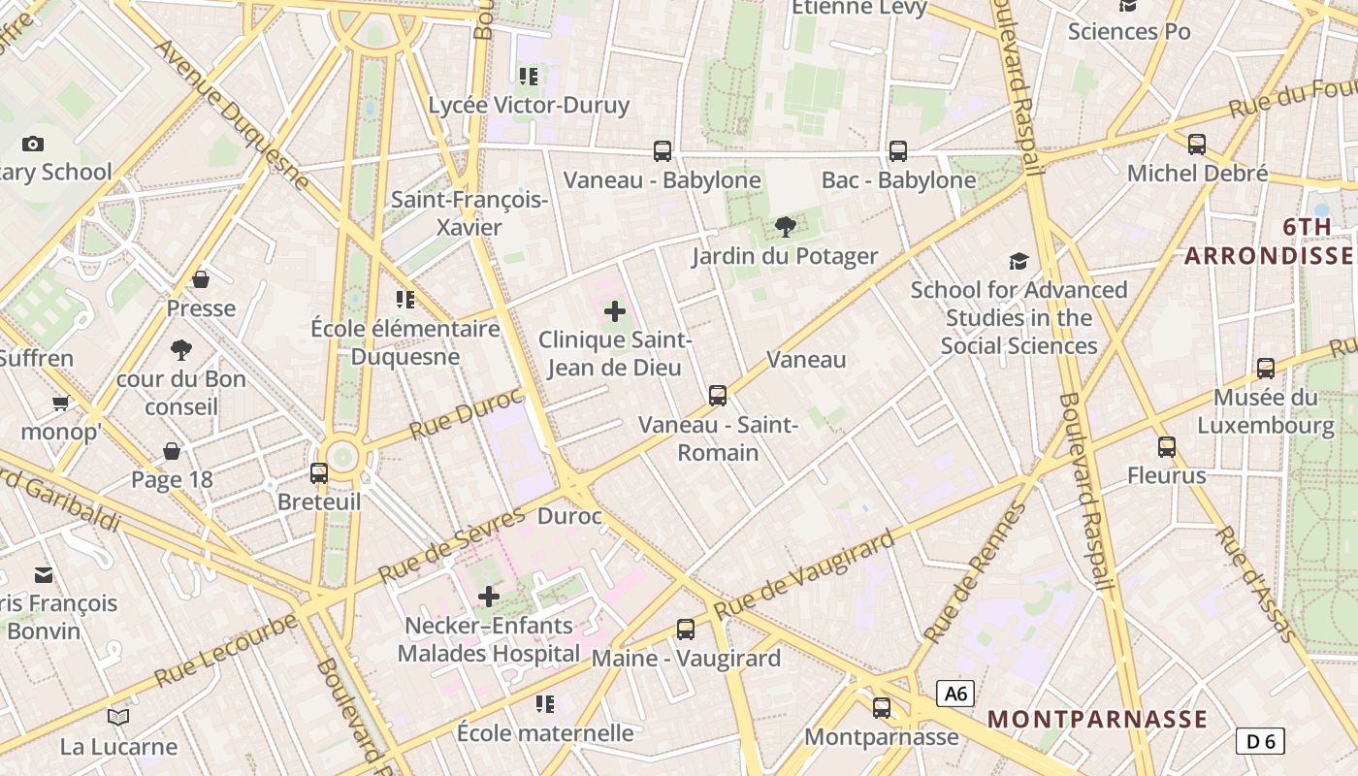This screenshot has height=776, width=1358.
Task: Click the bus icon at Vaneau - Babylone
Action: (663, 150)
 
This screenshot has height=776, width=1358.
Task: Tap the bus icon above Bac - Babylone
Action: (898, 150)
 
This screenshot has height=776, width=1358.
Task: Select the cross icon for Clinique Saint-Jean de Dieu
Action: (615, 311)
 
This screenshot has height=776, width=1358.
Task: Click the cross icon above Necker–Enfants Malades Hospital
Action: (489, 596)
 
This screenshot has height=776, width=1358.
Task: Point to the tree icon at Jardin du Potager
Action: (785, 227)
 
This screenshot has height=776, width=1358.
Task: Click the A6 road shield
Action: (955, 694)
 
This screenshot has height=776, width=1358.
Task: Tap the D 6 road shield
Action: (1260, 741)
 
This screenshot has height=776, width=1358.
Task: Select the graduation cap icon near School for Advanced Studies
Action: (1018, 261)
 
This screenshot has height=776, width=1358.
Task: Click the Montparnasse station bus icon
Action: (881, 708)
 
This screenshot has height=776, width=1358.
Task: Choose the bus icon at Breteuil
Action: (319, 473)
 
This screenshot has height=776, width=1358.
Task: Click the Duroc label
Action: (569, 516)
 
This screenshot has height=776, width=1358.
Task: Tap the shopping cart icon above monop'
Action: (61, 403)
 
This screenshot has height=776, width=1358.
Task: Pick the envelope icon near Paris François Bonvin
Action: (44, 575)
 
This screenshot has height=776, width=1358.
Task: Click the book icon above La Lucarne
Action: (118, 717)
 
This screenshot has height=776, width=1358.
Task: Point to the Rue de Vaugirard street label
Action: (803, 574)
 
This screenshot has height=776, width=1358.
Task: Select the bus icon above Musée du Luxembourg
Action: (1266, 368)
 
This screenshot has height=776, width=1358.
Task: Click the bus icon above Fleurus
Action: (1167, 446)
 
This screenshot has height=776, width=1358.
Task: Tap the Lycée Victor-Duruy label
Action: (529, 105)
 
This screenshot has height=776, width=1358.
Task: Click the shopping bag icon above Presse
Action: (201, 279)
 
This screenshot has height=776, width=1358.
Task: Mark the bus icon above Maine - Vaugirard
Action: (686, 629)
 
